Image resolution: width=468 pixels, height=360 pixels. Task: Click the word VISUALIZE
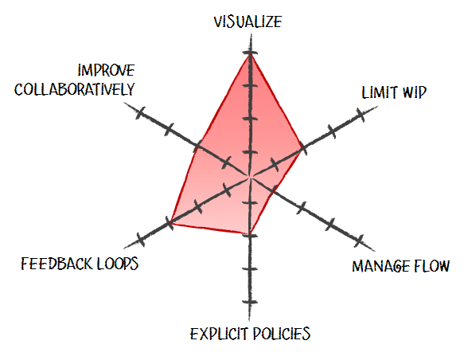pyautogui.click(x=248, y=22)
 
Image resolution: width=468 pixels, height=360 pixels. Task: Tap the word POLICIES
pyautogui.click(x=282, y=334)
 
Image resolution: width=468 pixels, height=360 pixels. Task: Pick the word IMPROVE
pyautogui.click(x=107, y=71)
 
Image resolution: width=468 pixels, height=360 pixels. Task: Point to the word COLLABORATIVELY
pyautogui.click(x=75, y=89)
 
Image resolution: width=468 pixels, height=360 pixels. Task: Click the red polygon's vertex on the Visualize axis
pyautogui.click(x=250, y=53)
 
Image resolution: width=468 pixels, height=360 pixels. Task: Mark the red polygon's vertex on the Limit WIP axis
pyautogui.click(x=302, y=147)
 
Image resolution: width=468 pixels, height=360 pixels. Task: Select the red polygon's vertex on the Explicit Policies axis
pyautogui.click(x=250, y=234)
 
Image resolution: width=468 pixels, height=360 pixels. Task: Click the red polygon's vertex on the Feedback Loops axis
pyautogui.click(x=169, y=223)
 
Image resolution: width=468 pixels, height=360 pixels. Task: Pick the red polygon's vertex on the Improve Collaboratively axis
pyautogui.click(x=197, y=147)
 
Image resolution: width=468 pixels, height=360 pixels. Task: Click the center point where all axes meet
pyautogui.click(x=250, y=177)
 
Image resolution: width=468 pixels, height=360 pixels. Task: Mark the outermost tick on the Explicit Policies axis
pyautogui.click(x=250, y=303)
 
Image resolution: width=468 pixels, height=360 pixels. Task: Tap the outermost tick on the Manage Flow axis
pyautogui.click(x=359, y=241)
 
